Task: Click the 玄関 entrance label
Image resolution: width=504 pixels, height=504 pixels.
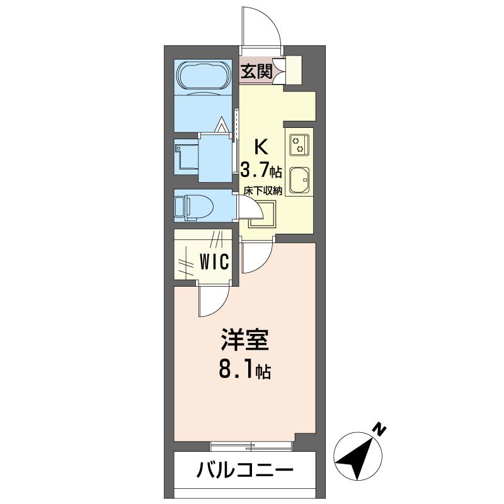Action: click(x=256, y=72)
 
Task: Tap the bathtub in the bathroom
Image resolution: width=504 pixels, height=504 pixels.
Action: click(x=203, y=76)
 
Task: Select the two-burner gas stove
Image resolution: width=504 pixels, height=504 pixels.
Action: click(x=299, y=145)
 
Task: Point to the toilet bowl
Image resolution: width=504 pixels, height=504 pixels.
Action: click(x=195, y=206)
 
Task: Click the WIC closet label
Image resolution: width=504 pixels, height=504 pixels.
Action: click(x=214, y=261)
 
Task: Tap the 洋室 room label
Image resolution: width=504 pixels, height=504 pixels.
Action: click(x=244, y=340)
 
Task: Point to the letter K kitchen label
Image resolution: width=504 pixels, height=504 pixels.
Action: click(x=261, y=147)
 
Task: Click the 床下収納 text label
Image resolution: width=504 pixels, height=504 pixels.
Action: click(x=263, y=191)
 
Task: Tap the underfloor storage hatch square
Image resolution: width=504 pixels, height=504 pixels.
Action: click(x=262, y=214)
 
